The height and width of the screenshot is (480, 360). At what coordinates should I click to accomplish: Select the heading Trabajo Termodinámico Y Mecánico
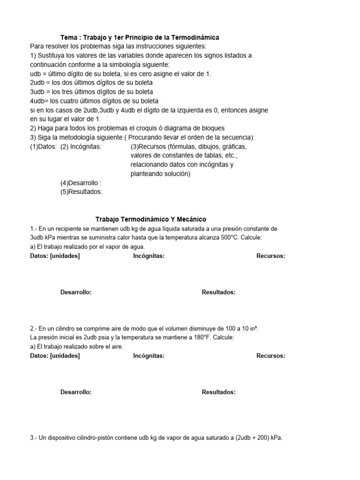coord(150,219)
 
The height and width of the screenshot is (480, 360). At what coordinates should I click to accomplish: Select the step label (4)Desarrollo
coord(81,183)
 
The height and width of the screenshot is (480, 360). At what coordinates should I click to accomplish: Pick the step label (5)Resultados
coord(81,192)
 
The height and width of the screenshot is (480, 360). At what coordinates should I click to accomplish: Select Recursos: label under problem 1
coord(270,256)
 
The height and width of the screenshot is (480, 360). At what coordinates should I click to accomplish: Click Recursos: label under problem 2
coord(270,356)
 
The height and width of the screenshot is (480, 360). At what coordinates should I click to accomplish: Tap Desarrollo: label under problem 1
coord(75,292)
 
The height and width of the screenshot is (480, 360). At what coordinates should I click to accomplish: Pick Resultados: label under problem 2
coord(218,392)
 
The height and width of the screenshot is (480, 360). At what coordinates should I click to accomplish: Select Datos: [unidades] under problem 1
coord(54,256)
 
